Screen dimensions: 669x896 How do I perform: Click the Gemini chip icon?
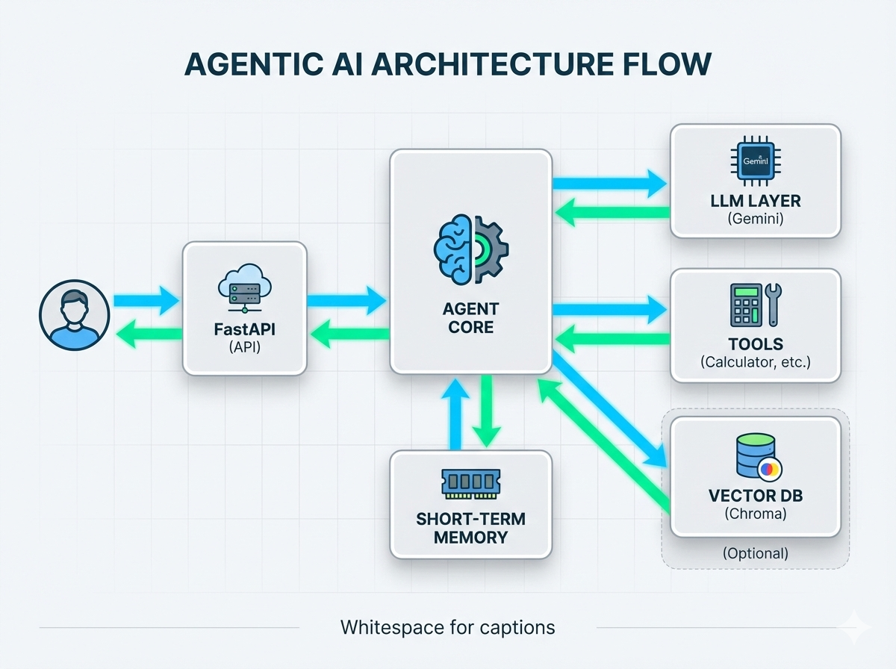(755, 161)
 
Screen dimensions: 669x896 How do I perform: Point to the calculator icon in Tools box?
(744, 304)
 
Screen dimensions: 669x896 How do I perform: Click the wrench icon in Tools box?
(771, 304)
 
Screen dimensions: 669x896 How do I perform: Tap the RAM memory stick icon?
(470, 483)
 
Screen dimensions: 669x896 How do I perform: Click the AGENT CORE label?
(470, 317)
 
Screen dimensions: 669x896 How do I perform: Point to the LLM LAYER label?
(755, 201)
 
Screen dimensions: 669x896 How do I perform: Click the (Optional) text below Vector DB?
(755, 553)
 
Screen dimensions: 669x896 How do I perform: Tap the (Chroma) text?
(755, 514)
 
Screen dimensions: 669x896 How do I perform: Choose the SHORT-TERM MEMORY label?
(470, 526)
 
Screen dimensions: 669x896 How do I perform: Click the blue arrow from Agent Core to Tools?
(609, 308)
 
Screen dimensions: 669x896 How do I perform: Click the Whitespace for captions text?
(447, 626)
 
